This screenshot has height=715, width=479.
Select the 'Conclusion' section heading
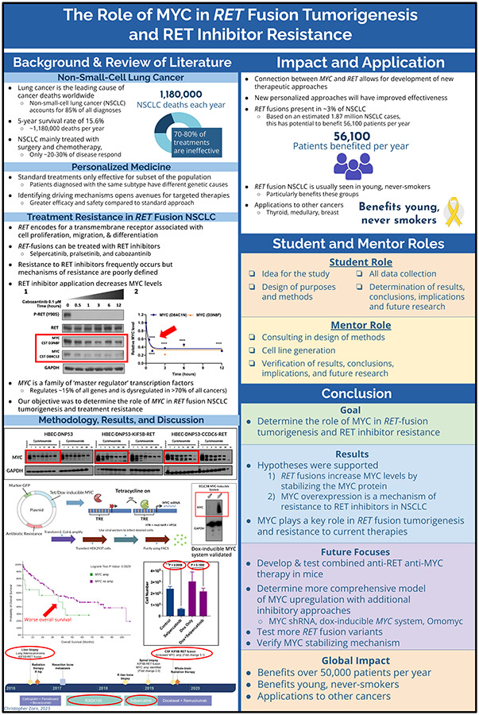pos(360,393)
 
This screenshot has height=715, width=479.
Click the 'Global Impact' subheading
pos(360,659)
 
